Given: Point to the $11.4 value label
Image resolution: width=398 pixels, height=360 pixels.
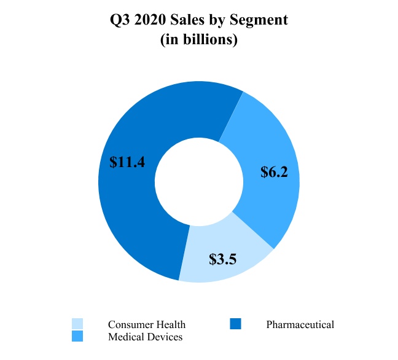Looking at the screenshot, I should tap(127, 162).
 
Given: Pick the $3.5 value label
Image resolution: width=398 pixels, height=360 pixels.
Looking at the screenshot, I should tap(224, 258).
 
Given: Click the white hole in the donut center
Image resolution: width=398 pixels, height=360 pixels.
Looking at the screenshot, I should tap(198, 182).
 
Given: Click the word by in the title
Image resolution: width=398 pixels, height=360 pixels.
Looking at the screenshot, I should tap(227, 21).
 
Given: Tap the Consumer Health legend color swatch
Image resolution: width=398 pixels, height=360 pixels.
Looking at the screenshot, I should tap(77, 324).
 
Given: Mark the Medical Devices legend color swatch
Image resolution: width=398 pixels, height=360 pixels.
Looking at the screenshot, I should tap(77, 336).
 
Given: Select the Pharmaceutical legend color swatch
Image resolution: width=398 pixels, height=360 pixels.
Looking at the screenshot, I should tap(236, 324).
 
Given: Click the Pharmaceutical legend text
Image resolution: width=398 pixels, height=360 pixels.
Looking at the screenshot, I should tap(300, 324).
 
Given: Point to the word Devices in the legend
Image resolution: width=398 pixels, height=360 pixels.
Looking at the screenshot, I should tap(165, 337).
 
